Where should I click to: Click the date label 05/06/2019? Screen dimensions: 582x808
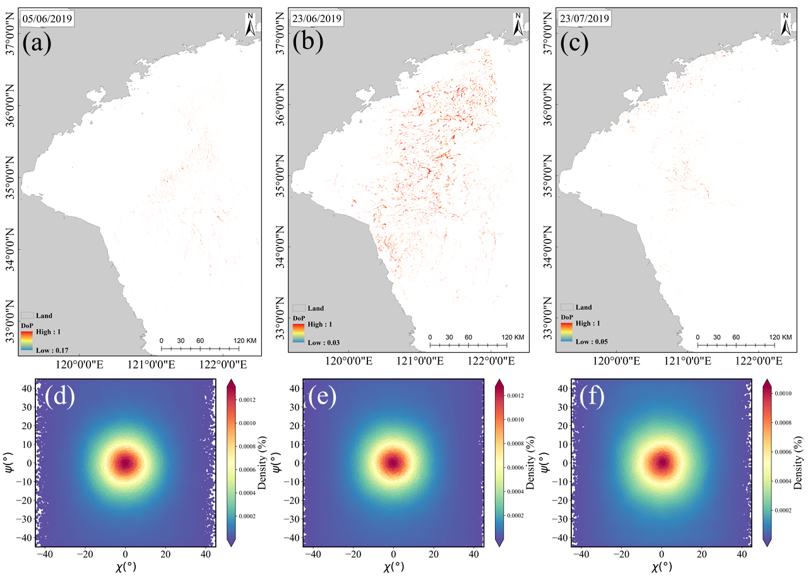coord(47,19)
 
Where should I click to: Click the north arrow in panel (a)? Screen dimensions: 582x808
coord(251,25)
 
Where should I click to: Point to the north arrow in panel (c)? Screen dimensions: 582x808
coord(787,25)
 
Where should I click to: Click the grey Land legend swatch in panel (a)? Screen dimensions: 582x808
coord(27,315)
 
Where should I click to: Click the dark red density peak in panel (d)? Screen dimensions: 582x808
coord(125,463)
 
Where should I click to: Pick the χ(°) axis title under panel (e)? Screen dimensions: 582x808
coord(393,566)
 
